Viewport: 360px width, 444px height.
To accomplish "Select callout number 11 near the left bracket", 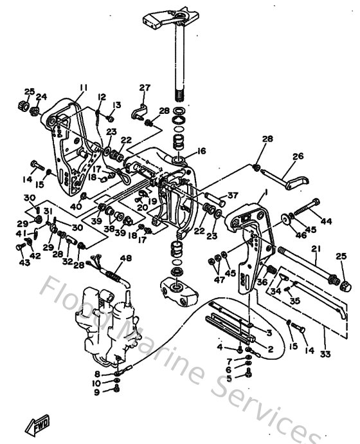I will [84, 88].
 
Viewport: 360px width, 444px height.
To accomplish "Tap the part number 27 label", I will [145, 88].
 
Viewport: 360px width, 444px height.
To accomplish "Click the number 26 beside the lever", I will [298, 156].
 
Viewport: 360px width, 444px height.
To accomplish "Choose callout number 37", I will [232, 196].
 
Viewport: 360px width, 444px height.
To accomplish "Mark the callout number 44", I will [326, 221].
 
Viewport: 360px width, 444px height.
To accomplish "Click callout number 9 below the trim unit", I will [97, 392].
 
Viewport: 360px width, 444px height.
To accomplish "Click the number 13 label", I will [118, 105].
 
